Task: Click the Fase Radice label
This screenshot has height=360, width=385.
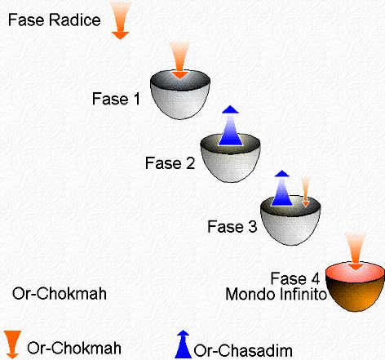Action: point(55,20)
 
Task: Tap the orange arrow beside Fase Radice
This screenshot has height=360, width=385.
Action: point(121,20)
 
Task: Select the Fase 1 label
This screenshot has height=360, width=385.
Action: point(116,99)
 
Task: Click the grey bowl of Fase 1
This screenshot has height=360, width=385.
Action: point(180,95)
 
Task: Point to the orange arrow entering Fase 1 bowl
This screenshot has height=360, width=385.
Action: point(179,60)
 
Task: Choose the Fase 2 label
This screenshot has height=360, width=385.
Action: point(170,163)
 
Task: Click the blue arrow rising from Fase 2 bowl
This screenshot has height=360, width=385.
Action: point(230,126)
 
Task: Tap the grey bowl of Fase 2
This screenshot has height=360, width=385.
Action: point(231,158)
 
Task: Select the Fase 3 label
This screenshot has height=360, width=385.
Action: point(232,227)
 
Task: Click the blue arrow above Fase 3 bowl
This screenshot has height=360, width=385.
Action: point(282,188)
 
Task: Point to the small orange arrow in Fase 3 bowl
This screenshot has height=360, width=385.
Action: point(306,192)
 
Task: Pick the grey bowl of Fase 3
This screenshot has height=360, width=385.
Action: point(290,220)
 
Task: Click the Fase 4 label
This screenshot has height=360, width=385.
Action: point(295,278)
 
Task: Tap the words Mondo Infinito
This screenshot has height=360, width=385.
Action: point(276,294)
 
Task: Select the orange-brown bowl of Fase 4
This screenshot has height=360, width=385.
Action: point(355,287)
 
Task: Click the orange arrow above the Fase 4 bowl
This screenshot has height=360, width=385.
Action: point(355,251)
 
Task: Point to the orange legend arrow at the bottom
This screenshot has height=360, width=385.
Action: point(12,344)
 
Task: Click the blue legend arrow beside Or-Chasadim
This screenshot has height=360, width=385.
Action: point(183,344)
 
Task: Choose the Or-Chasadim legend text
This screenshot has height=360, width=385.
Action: point(243,350)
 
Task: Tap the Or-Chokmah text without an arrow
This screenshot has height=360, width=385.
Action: point(60,294)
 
